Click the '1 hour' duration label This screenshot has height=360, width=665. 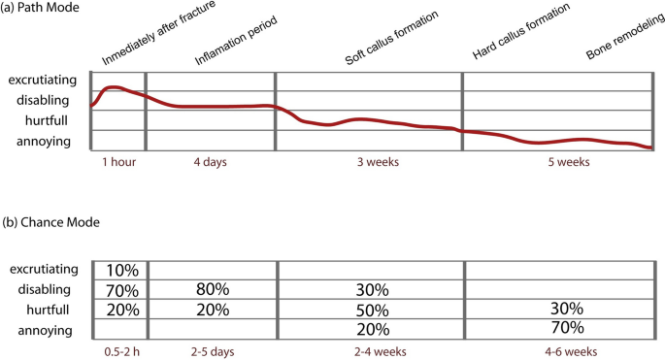(x=119, y=162)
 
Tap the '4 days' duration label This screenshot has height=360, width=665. (x=210, y=162)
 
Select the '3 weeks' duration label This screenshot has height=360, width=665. (x=368, y=162)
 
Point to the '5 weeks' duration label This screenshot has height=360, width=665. (x=561, y=162)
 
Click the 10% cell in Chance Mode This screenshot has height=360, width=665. (x=120, y=270)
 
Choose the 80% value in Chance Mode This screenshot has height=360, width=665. (x=212, y=290)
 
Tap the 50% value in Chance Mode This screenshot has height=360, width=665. (x=370, y=310)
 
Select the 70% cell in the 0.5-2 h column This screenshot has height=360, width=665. (x=120, y=290)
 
